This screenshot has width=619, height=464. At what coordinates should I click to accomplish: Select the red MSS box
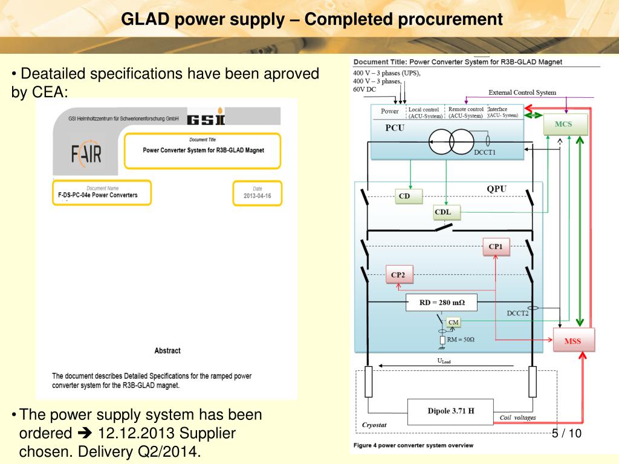572,341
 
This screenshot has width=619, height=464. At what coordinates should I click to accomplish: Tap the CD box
404,196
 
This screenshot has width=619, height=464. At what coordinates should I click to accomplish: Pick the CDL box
447,212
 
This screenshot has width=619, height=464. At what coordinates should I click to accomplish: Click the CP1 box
495,246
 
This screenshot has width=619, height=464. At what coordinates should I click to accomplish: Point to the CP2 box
398,275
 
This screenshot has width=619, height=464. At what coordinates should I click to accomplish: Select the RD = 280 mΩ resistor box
440,302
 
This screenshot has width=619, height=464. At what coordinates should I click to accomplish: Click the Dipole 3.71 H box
450,411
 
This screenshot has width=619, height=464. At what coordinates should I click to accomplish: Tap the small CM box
453,322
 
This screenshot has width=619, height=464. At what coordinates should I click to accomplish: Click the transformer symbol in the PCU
450,143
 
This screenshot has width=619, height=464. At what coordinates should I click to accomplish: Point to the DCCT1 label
485,152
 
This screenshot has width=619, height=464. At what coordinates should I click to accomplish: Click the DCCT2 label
517,313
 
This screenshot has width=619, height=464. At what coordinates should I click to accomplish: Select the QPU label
496,189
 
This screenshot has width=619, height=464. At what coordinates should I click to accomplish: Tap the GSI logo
206,118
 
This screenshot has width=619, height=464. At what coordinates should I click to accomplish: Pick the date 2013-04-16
258,196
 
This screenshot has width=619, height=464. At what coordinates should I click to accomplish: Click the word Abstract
167,350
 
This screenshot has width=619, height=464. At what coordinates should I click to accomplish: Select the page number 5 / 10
566,433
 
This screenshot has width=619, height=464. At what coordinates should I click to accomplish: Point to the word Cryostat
374,425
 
